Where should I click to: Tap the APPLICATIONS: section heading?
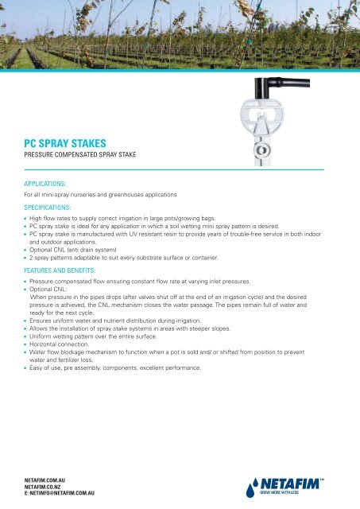coord(49,182)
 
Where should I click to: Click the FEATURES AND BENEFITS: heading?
coord(68,270)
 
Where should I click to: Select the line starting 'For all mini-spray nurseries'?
coord(107,194)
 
